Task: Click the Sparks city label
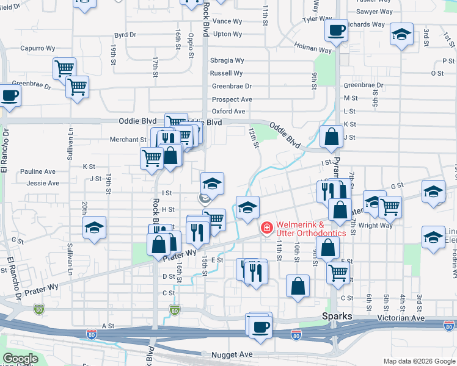click(337, 317)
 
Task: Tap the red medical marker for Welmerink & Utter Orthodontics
click(266, 229)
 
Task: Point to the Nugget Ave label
click(232, 354)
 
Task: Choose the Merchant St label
click(128, 140)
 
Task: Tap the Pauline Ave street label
click(38, 172)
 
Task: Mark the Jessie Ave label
click(43, 183)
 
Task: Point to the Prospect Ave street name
click(232, 99)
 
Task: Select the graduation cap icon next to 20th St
click(95, 228)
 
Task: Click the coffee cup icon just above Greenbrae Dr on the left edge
click(9, 95)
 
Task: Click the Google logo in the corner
click(21, 359)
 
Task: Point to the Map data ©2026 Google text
click(418, 361)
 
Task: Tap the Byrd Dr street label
click(125, 35)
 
